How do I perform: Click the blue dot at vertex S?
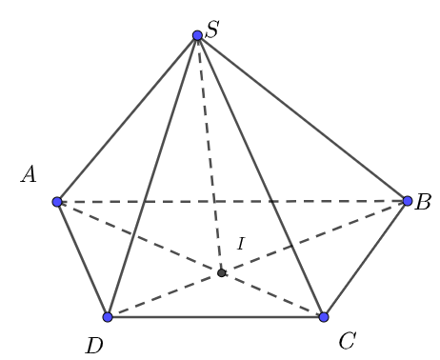tap(197, 35)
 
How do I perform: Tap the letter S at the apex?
tap(212, 30)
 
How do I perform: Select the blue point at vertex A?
tap(57, 202)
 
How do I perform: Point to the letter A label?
tap(29, 174)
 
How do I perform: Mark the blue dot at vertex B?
tap(408, 201)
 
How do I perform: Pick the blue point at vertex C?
tap(324, 316)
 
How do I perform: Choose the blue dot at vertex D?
tap(108, 316)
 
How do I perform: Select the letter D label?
tap(93, 345)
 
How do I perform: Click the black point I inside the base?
tap(221, 272)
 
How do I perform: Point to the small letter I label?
tap(240, 245)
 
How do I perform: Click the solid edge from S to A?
tap(127, 119)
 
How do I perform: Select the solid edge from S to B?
tap(303, 118)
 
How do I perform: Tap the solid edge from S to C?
tap(261, 176)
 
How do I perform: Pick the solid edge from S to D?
tap(152, 176)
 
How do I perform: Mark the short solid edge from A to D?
tap(83, 259)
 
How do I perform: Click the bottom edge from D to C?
tap(215, 316)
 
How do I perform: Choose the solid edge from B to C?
tap(366, 259)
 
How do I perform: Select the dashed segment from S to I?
tap(210, 154)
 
